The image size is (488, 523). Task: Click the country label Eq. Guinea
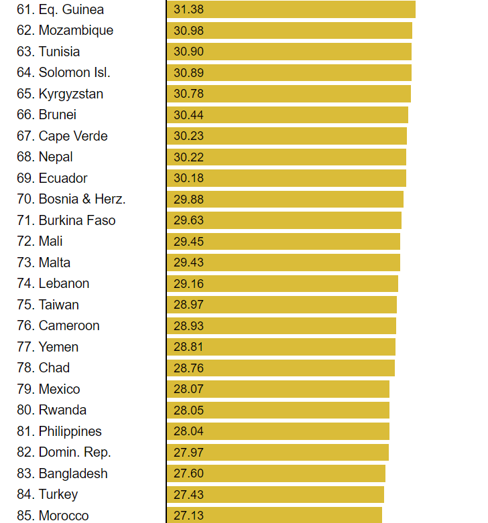[x=60, y=9]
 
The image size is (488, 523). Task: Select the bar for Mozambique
[x=290, y=31]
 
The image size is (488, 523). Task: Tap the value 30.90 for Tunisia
[x=188, y=52]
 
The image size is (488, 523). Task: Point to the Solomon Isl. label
[x=64, y=72]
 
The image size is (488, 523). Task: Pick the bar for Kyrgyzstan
[x=289, y=94]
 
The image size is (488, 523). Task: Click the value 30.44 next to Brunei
[x=188, y=115]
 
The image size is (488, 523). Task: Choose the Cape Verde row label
[x=62, y=136]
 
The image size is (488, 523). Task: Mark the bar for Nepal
[x=287, y=157]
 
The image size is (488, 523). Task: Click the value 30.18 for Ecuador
[x=188, y=178]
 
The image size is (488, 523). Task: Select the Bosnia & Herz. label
[x=71, y=199]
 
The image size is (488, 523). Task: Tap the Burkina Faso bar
[x=284, y=220]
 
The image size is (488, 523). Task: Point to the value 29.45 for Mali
[x=188, y=241]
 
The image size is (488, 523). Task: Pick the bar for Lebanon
[x=282, y=283]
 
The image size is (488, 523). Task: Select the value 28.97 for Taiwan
[x=188, y=305]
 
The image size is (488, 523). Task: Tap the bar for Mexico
[x=278, y=389]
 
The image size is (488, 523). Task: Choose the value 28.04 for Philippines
[x=188, y=431]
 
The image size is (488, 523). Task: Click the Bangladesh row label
[x=62, y=473]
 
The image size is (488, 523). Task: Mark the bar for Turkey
[x=276, y=494]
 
